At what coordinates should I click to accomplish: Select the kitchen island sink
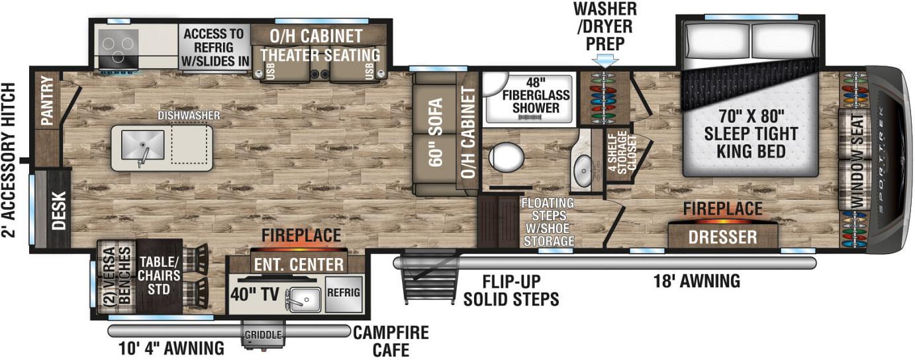point(142,146)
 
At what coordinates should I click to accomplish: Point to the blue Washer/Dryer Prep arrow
point(605,62)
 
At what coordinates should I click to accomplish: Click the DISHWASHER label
point(189,116)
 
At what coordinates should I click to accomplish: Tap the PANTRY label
point(48,101)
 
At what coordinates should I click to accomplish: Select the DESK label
point(59,210)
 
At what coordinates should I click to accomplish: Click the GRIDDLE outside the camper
point(263,335)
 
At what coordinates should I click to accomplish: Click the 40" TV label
point(254,294)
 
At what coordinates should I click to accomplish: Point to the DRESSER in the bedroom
point(722,237)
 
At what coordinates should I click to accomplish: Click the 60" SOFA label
point(436,132)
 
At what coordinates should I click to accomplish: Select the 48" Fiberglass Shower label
point(536,95)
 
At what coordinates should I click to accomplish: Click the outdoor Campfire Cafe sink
point(305,300)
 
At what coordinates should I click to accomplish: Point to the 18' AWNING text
point(697,281)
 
